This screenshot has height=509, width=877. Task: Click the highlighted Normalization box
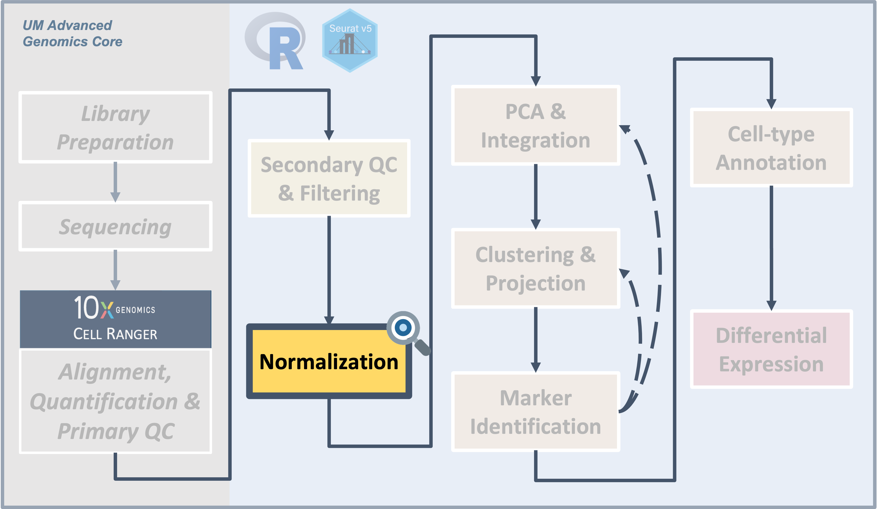tap(329, 362)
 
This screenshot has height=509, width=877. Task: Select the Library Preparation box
tap(115, 127)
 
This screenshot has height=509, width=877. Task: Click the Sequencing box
tap(115, 226)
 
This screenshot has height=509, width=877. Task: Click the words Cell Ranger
tap(115, 334)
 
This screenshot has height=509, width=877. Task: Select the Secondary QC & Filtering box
tap(329, 178)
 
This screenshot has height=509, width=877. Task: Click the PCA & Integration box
tap(535, 126)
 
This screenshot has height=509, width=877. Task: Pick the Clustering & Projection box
tap(535, 268)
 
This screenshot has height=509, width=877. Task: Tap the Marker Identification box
tap(535, 412)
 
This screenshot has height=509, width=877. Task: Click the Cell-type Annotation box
tap(771, 148)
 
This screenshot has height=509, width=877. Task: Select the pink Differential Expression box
tap(771, 349)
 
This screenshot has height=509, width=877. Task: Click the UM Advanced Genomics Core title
tap(72, 33)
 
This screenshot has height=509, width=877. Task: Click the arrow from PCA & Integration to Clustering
tap(536, 196)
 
